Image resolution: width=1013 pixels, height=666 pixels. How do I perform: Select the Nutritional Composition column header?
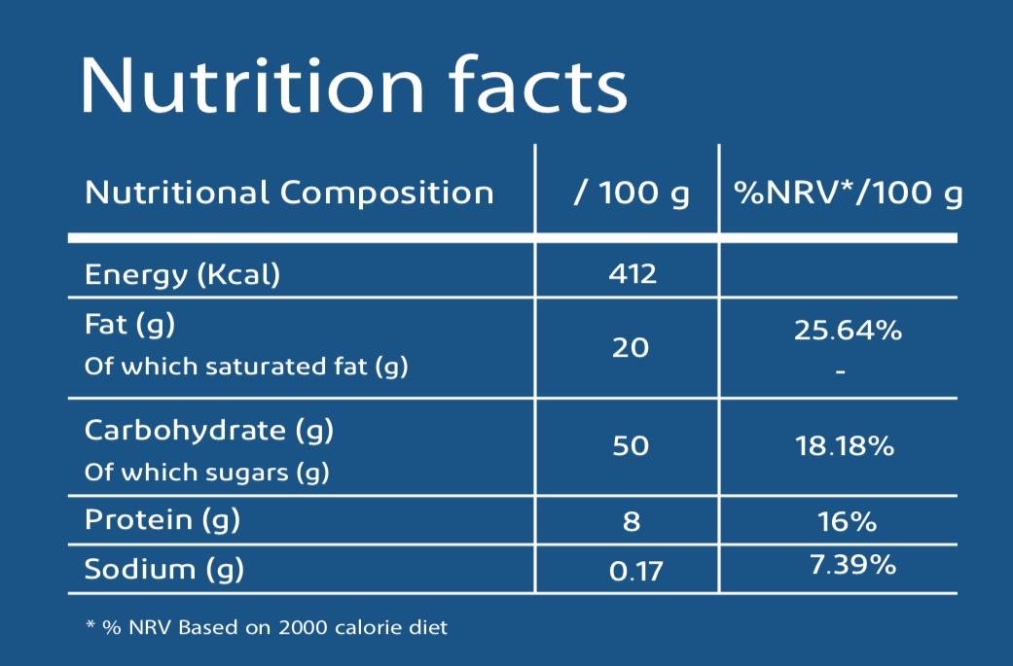(289, 193)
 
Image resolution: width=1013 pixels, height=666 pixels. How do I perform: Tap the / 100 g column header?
(631, 193)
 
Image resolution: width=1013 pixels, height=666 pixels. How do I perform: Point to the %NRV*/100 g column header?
(848, 193)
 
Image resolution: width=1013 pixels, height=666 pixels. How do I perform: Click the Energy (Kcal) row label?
(182, 274)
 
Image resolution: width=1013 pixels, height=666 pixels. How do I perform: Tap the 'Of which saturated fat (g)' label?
(246, 367)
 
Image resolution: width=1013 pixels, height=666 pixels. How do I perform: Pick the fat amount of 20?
(631, 347)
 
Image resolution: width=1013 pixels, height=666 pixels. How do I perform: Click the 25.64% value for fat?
(848, 331)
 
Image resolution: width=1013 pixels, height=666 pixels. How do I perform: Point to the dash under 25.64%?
(841, 371)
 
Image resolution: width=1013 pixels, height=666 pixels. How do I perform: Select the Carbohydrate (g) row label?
(209, 431)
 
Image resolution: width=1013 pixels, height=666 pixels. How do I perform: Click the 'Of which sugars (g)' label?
(206, 473)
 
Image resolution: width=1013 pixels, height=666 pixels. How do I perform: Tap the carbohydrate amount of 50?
(631, 446)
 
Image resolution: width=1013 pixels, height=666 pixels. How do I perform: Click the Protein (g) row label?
(162, 520)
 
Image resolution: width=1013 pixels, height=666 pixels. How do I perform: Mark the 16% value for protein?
(847, 522)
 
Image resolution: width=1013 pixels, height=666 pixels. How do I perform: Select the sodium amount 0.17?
(635, 571)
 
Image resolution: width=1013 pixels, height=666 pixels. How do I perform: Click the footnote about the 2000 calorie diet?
(268, 628)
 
